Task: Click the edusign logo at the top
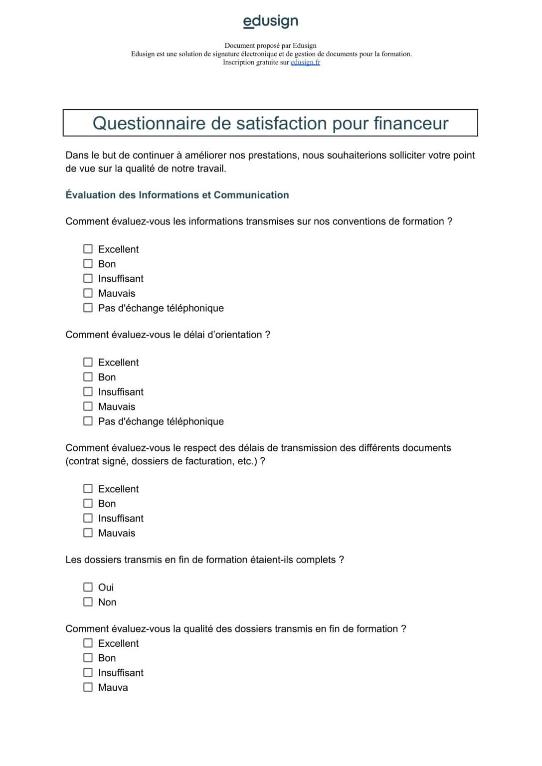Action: pos(270,21)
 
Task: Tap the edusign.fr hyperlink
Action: pos(305,62)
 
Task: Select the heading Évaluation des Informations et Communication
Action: pos(177,195)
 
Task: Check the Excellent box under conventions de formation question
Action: pos(88,249)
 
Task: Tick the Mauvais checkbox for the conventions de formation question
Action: pos(88,293)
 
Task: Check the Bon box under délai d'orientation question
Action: pos(88,377)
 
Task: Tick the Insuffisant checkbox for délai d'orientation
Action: pos(88,391)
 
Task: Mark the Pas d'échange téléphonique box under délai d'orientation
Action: pos(88,421)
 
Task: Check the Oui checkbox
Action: pos(88,587)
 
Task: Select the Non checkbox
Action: pos(88,602)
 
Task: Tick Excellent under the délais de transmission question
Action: pos(88,489)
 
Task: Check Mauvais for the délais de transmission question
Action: pos(88,533)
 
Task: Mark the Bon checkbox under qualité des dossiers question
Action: pos(88,658)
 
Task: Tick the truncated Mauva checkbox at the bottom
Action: pos(88,687)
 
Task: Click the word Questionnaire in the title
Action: pos(149,123)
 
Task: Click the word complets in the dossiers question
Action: pos(316,560)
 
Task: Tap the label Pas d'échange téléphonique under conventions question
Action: pos(161,308)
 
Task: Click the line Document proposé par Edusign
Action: pos(270,45)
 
